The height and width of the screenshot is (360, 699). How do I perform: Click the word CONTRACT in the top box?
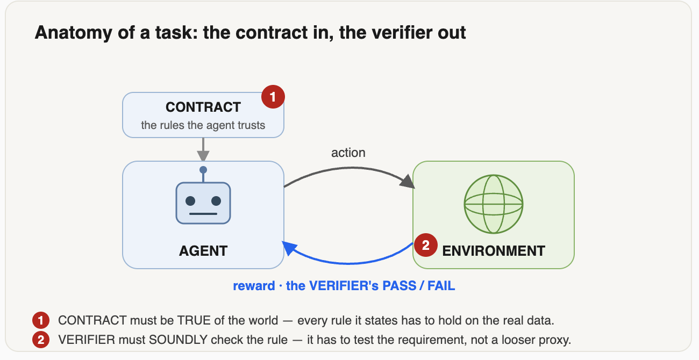(203, 107)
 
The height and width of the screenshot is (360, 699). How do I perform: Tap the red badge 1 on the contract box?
(273, 97)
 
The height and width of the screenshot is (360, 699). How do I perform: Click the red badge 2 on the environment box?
(426, 245)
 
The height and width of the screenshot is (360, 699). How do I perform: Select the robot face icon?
(203, 203)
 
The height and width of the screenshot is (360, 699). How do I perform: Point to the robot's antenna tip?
(203, 170)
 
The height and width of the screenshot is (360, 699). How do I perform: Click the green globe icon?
(494, 204)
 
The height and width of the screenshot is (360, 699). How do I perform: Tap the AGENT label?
(203, 251)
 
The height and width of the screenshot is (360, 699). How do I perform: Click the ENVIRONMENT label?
(494, 251)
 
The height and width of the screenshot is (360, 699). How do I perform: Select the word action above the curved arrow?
(348, 153)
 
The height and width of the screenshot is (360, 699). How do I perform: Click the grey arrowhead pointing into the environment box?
(408, 181)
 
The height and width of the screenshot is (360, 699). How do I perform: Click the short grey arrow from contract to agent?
(203, 149)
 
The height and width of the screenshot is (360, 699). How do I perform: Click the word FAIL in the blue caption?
(441, 286)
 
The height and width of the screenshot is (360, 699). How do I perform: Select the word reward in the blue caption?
(254, 286)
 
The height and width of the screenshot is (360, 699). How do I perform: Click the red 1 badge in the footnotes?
(41, 320)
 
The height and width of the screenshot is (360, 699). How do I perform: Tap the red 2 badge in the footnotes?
(41, 340)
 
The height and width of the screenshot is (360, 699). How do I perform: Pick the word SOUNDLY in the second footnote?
(178, 340)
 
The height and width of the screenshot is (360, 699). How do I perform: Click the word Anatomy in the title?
(73, 32)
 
